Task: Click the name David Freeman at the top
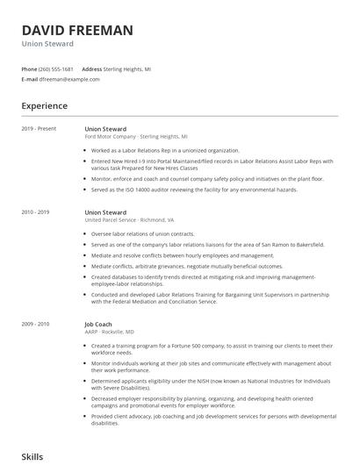[77, 30]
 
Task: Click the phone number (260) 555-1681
[57, 68]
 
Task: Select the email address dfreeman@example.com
[70, 79]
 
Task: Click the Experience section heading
[44, 106]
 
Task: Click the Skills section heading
[32, 457]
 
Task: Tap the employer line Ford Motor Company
[136, 137]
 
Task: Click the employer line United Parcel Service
[129, 220]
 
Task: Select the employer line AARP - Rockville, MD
[109, 332]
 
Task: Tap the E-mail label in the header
[30, 79]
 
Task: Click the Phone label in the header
[29, 68]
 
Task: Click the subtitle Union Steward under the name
[47, 44]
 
